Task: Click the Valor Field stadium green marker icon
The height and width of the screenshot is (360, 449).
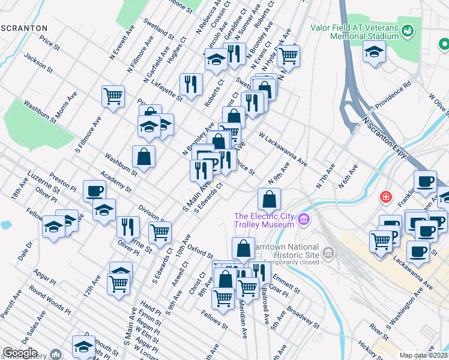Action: [408, 29]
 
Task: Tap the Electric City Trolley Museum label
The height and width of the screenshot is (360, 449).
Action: [264, 220]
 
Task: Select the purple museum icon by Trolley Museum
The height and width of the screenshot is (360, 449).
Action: [304, 220]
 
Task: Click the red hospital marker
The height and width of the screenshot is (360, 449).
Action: [385, 197]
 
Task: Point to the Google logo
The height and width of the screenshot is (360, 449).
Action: [20, 353]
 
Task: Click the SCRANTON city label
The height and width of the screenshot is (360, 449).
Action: [24, 28]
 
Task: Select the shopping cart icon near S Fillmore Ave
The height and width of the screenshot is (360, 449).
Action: [113, 95]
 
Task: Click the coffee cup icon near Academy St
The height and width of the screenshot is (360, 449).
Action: [95, 191]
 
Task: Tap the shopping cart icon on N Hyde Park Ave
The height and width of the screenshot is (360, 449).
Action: [289, 55]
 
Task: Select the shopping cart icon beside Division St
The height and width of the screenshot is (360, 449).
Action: [160, 232]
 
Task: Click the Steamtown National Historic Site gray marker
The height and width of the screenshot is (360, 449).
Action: [328, 254]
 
